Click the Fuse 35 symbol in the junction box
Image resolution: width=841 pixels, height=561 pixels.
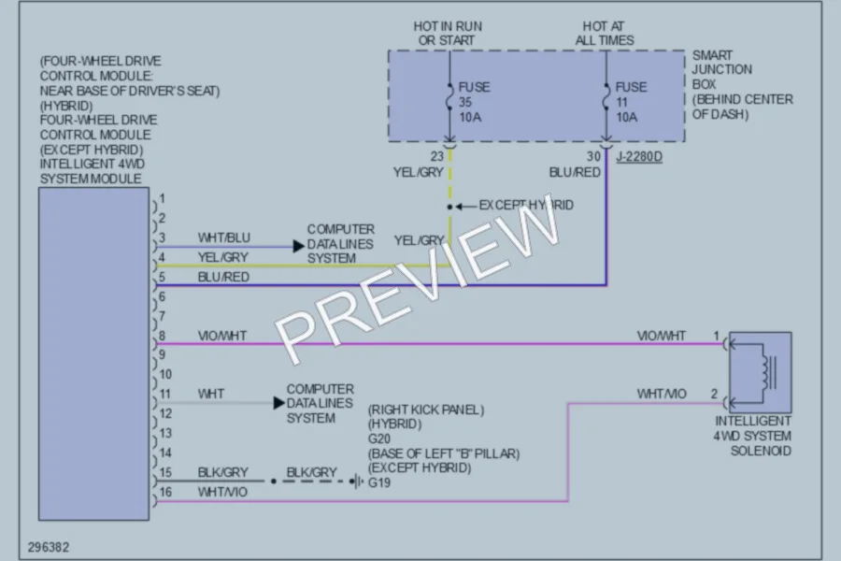pyautogui.click(x=449, y=96)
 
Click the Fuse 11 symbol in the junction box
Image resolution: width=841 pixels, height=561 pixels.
pyautogui.click(x=606, y=96)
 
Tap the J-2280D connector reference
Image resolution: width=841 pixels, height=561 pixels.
pyautogui.click(x=639, y=157)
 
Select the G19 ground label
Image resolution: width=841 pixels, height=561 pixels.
pyautogui.click(x=379, y=482)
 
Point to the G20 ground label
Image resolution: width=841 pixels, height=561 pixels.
pyautogui.click(x=379, y=439)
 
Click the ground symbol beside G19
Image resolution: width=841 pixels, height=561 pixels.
pyautogui.click(x=356, y=481)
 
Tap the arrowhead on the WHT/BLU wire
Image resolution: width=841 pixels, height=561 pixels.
pyautogui.click(x=299, y=247)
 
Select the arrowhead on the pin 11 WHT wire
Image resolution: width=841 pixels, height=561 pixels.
pyautogui.click(x=278, y=403)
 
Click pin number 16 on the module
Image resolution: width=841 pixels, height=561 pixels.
pyautogui.click(x=165, y=492)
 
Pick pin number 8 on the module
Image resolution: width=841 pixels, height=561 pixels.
pyautogui.click(x=162, y=336)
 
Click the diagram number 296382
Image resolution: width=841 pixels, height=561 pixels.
pyautogui.click(x=49, y=547)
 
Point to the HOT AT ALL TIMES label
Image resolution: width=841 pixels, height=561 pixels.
pyautogui.click(x=605, y=34)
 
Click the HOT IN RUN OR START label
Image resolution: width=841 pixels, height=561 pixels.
pyautogui.click(x=448, y=34)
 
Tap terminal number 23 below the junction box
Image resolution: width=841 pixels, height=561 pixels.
pyautogui.click(x=437, y=156)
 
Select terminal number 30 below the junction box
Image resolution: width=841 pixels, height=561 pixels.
pyautogui.click(x=593, y=156)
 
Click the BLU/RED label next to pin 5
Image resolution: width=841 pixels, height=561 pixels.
pyautogui.click(x=223, y=277)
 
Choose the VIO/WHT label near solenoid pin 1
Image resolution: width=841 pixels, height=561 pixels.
pyautogui.click(x=662, y=336)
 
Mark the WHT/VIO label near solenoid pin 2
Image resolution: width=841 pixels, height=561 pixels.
pyautogui.click(x=662, y=394)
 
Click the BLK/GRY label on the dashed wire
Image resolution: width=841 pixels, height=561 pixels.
pyautogui.click(x=311, y=472)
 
